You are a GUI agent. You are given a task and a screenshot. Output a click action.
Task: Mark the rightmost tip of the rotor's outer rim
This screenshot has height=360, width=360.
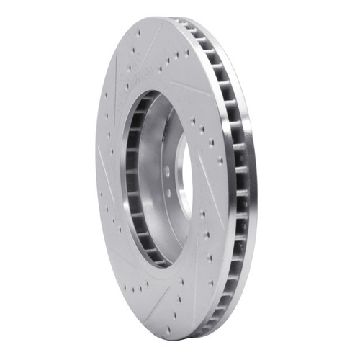(258, 180)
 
